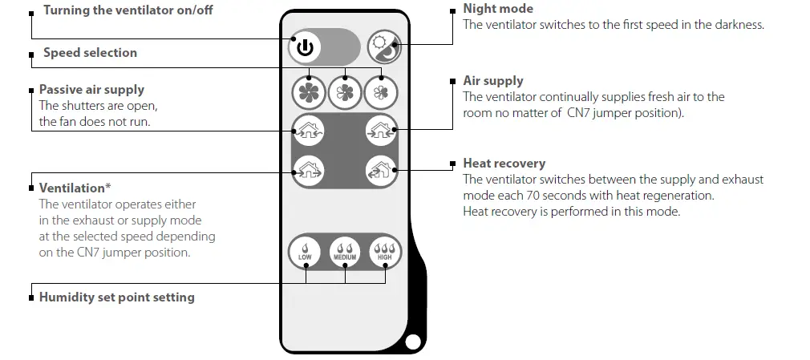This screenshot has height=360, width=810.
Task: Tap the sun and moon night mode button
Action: pos(383,48)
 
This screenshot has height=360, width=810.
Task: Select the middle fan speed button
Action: pos(345,92)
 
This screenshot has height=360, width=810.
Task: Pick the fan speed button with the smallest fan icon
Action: pos(382,92)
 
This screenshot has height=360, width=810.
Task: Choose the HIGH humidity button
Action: pos(384,252)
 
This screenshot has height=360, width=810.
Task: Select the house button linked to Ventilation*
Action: pos(307,168)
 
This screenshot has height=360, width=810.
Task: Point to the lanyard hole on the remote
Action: pos(413,342)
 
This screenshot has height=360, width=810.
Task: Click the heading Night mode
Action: pos(498,9)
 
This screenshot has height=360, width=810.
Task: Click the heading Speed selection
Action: pos(90,53)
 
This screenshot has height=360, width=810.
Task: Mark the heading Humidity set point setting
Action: pos(116,297)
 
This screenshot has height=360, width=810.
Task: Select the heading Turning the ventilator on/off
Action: pos(128,10)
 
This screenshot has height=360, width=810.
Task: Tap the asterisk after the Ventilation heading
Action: pos(108,187)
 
